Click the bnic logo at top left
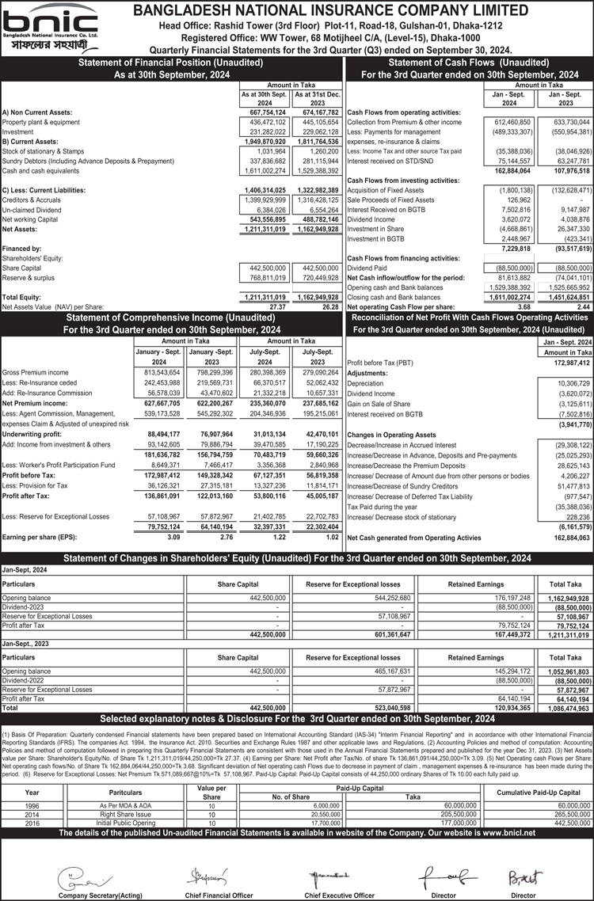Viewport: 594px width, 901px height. pyautogui.click(x=50, y=29)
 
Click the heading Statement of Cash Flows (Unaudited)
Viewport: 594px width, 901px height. pyautogui.click(x=470, y=63)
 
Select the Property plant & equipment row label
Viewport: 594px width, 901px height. pyautogui.click(x=41, y=123)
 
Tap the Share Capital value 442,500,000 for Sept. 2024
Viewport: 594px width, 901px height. pyautogui.click(x=267, y=268)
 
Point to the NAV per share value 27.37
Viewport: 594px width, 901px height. pyautogui.click(x=276, y=306)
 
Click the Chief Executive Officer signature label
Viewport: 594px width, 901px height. pyautogui.click(x=339, y=895)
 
